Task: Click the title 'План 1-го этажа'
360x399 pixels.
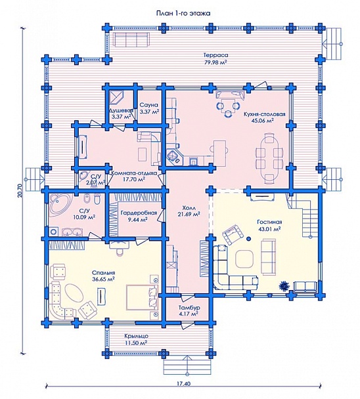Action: [183, 13]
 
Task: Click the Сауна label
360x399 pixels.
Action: [148, 105]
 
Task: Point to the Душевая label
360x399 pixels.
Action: [121, 111]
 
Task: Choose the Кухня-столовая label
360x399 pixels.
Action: [263, 114]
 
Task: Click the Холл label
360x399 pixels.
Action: [189, 208]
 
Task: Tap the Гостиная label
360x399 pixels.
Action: [269, 222]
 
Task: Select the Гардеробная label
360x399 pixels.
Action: [139, 213]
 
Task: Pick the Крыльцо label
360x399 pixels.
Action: [136, 336]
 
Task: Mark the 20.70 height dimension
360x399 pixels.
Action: [21, 190]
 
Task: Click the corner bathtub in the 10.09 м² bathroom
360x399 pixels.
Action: [59, 204]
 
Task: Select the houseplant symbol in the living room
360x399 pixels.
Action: [284, 285]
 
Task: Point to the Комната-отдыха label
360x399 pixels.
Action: [134, 173]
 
